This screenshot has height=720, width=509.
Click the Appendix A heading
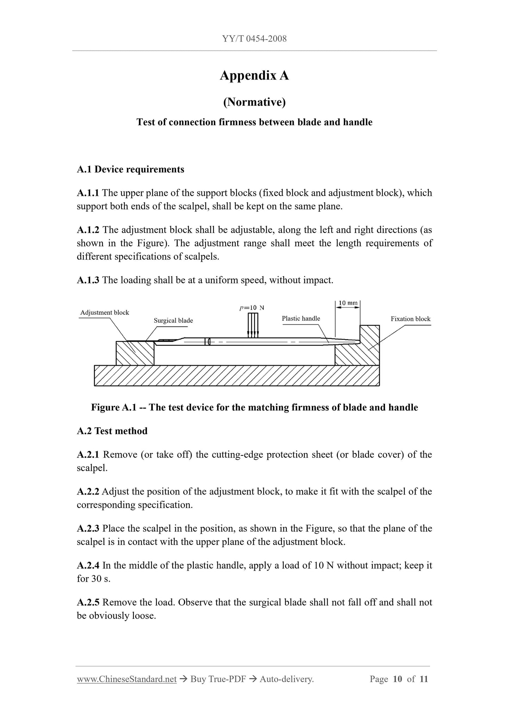(254, 75)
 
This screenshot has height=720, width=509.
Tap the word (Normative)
(254, 102)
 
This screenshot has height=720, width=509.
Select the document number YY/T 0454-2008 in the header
(254, 39)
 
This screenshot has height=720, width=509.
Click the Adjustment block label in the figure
(105, 312)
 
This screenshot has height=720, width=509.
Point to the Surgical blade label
(173, 321)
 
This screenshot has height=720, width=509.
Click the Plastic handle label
(301, 318)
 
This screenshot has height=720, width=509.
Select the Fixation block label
(410, 319)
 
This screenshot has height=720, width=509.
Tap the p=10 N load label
(252, 308)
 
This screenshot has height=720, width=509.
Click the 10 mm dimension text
(348, 303)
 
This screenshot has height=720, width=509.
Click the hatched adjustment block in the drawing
(135, 353)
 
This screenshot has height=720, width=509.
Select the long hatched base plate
(237, 375)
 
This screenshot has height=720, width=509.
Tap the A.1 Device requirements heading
(130, 169)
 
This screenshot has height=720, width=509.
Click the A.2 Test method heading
(112, 431)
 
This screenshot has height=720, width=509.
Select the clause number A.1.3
(88, 280)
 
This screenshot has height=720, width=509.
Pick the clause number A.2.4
(88, 566)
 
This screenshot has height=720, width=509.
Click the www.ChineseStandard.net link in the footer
(126, 679)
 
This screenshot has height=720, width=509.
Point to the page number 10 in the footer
(397, 679)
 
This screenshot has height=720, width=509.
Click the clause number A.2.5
(88, 603)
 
